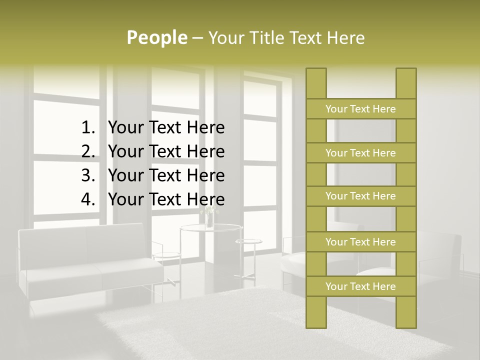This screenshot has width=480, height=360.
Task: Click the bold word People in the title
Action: click(157, 37)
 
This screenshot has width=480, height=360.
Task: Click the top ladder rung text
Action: click(360, 109)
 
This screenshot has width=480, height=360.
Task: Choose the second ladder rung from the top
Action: click(360, 153)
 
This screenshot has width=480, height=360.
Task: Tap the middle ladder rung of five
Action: click(360, 196)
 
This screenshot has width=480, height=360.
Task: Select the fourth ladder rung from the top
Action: click(360, 242)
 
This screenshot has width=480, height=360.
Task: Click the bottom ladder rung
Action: click(360, 286)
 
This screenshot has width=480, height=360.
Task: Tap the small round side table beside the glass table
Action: click(248, 242)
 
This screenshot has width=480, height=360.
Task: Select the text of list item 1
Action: click(166, 128)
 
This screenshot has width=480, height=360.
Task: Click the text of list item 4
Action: click(166, 199)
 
